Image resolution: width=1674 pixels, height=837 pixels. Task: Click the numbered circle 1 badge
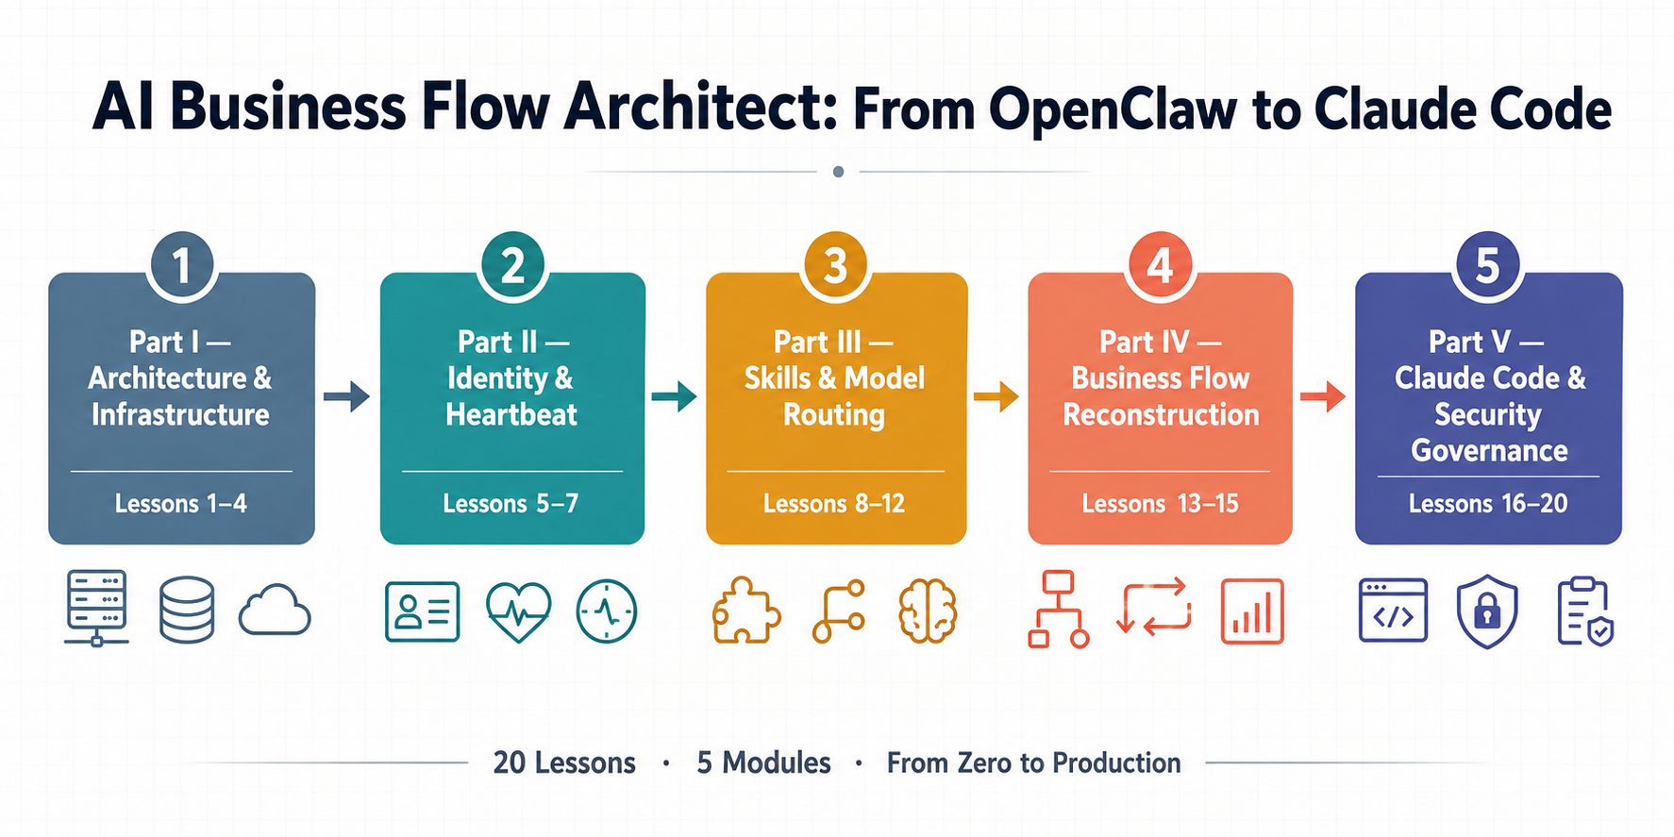(181, 265)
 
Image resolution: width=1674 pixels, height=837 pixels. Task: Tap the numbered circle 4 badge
(1160, 265)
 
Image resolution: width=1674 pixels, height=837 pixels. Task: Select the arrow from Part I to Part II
(346, 396)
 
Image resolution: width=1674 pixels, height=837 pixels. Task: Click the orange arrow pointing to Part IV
(996, 396)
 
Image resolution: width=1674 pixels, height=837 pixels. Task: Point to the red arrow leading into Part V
(1323, 396)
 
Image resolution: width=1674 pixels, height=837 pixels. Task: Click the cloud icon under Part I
(275, 611)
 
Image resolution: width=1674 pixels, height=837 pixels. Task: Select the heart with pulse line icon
(518, 611)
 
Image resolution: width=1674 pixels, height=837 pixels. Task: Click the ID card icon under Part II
(423, 611)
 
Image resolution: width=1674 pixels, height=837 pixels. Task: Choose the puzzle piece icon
(745, 611)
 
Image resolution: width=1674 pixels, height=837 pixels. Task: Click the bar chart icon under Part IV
(1252, 611)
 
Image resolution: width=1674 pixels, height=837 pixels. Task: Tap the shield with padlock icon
(1487, 613)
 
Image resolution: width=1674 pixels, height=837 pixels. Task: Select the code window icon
(1393, 611)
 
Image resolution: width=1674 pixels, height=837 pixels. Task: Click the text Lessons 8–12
(834, 504)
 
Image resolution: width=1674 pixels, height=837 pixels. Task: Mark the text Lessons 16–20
(1488, 504)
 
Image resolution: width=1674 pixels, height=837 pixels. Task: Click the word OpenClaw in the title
(1113, 109)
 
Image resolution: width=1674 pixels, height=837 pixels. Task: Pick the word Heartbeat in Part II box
(511, 414)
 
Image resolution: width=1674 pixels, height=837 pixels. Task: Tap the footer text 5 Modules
(763, 762)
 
